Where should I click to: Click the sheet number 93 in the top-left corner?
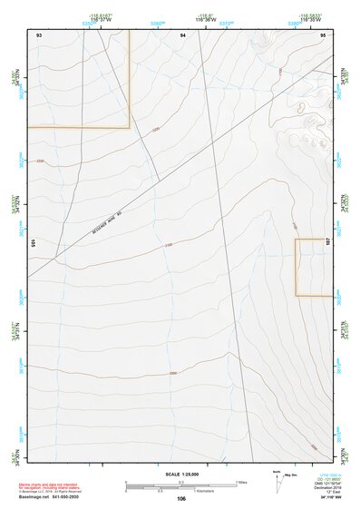point(39,34)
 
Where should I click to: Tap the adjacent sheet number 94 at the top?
point(182,34)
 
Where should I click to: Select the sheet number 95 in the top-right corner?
point(323,34)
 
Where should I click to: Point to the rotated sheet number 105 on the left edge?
point(33,242)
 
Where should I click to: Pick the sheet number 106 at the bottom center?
point(182,498)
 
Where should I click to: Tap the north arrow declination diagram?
point(277,480)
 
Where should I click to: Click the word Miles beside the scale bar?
point(241,482)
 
